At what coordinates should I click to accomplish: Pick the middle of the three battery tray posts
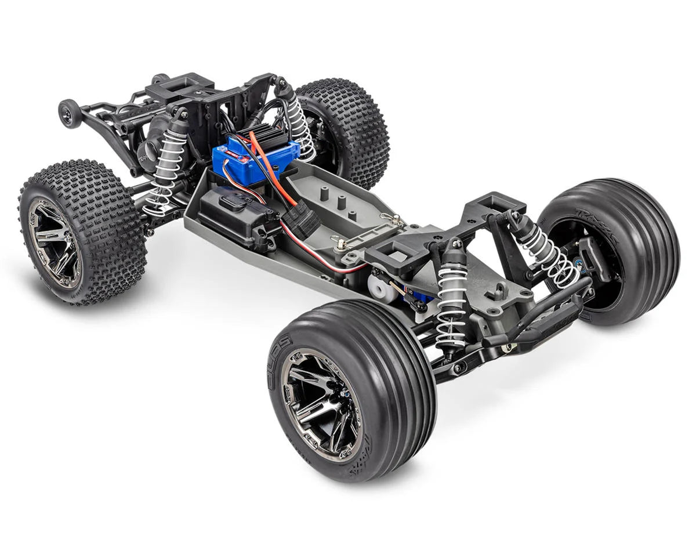(341, 204)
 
